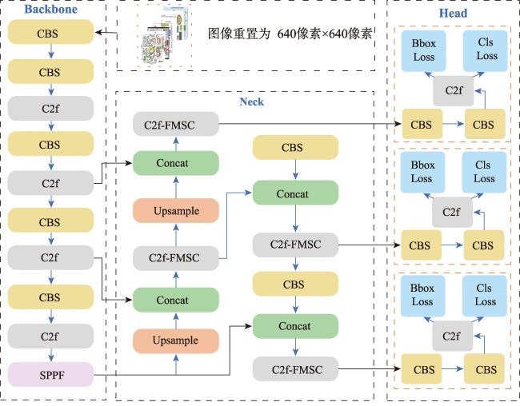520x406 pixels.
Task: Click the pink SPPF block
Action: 50,375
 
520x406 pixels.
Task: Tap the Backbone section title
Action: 50,10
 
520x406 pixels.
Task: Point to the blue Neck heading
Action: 252,101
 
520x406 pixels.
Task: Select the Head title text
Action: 453,14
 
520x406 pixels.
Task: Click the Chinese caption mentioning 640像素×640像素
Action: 290,34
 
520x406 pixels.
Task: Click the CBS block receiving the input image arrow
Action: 50,32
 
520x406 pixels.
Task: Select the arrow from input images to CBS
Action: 106,33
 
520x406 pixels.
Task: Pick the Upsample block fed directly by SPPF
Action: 176,340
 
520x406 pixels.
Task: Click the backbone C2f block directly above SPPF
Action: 50,336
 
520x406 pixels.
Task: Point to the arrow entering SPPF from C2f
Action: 51,356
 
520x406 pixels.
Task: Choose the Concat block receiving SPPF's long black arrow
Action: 295,326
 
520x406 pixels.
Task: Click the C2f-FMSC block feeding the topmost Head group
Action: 176,124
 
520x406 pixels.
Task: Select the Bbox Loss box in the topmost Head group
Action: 423,50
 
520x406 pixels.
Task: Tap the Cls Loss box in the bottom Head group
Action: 485,295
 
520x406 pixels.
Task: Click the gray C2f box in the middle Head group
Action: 452,212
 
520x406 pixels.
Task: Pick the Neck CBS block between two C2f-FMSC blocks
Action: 295,284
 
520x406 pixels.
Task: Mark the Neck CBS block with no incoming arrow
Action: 295,147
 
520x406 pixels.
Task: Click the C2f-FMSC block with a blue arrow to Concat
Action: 176,258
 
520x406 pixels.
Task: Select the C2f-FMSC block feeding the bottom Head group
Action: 295,369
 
